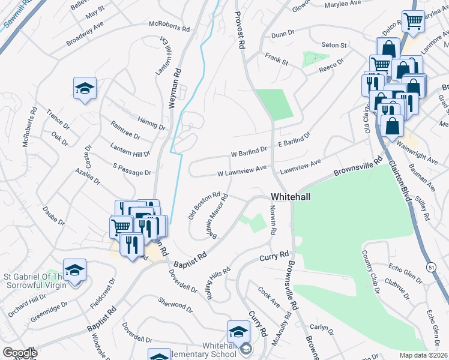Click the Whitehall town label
coord(291,197)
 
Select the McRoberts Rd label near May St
coord(169,27)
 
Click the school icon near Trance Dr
coord(85,88)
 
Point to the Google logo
coord(19,353)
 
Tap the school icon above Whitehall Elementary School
coord(238,331)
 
